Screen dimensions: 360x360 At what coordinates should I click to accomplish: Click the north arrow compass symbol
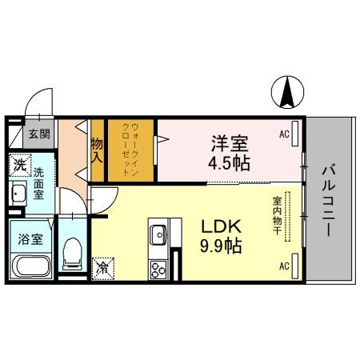click(x=286, y=94)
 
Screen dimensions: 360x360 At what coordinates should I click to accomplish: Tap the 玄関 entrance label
click(x=39, y=134)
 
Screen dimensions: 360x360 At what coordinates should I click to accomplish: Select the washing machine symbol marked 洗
click(x=19, y=166)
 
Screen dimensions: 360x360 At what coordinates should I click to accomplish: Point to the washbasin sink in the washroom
click(x=18, y=194)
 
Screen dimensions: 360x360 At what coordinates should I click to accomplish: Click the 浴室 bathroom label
click(x=31, y=237)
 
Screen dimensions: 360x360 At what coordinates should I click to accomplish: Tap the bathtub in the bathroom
click(x=31, y=266)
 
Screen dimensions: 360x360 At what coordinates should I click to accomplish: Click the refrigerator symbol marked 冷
click(x=103, y=266)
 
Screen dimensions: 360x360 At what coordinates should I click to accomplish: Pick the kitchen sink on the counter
click(x=157, y=235)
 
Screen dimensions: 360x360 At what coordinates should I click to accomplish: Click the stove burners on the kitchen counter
click(x=158, y=269)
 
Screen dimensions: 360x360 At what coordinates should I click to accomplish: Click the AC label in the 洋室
click(x=283, y=134)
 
